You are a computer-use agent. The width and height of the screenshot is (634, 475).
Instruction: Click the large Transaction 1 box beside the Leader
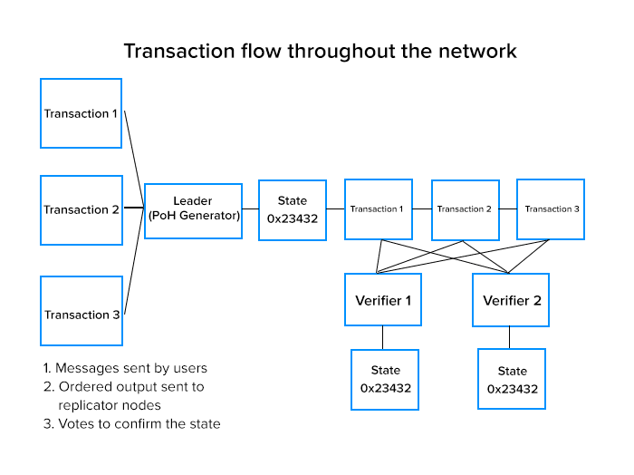82,113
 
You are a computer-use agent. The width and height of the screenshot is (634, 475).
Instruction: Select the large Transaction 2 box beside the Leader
82,209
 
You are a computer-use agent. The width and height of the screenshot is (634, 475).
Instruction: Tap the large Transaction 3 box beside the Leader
82,315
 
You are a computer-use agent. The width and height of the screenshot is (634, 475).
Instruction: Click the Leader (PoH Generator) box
193,210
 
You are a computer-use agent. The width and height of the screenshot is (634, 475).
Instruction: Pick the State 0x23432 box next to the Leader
293,209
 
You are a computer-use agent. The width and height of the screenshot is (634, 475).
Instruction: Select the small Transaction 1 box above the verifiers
377,209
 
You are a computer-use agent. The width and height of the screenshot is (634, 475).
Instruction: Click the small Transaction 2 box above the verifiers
465,209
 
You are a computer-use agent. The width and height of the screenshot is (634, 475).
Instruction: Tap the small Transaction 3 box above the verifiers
551,209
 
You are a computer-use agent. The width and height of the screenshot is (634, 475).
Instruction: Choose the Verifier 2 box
512,300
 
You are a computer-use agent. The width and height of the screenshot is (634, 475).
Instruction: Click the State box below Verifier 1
385,379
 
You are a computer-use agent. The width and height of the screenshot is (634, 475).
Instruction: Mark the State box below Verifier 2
512,380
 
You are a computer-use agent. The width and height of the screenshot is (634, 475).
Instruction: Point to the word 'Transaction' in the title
172,51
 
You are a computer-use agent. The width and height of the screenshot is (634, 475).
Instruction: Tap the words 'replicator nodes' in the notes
110,404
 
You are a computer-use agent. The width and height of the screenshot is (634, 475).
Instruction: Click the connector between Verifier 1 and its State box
383,337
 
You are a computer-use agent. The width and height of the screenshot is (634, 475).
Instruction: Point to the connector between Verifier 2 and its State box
510,337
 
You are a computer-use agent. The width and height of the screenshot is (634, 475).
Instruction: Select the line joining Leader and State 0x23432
251,210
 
